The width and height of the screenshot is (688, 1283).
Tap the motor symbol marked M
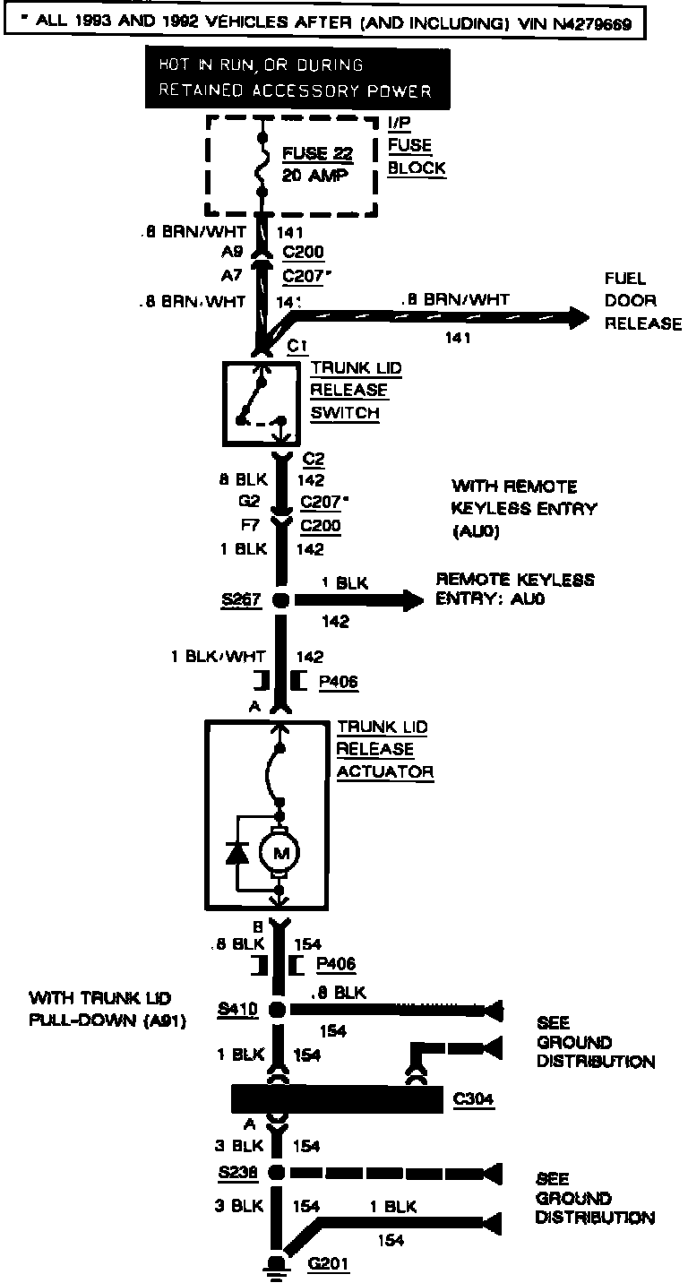point(281,853)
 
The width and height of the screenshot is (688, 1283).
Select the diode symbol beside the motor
point(237,853)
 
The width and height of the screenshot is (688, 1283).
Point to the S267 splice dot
point(279,601)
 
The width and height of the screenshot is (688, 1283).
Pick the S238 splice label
point(237,1171)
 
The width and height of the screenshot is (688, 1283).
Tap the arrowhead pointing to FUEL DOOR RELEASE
point(579,316)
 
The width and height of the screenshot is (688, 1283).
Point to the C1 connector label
point(297,346)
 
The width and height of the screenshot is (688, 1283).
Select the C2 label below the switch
point(314,459)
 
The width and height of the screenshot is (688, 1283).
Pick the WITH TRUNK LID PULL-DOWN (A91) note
point(107,1010)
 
